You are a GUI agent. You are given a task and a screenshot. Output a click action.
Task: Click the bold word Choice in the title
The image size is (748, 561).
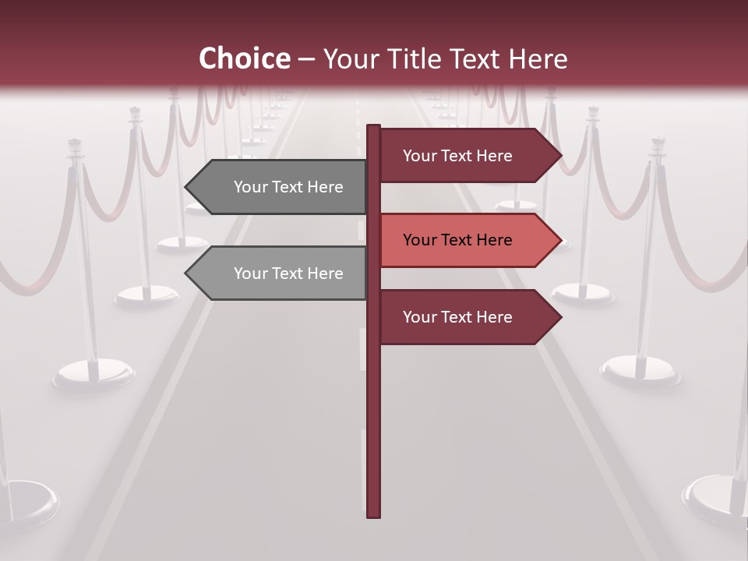click(244, 58)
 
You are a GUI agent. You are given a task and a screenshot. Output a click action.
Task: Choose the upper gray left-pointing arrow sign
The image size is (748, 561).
click(280, 187)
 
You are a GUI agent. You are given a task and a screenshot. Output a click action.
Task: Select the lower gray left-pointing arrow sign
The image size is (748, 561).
click(280, 273)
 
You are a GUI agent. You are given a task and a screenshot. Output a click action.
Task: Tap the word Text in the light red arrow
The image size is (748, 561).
click(458, 240)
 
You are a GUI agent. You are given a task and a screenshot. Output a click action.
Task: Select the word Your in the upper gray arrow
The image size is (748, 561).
click(251, 187)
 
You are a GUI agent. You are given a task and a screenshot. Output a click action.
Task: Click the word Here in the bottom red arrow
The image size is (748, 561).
click(494, 317)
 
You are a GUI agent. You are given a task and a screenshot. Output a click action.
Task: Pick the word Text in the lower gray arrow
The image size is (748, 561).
click(289, 273)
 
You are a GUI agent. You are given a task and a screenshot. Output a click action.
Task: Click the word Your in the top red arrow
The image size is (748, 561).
click(420, 156)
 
